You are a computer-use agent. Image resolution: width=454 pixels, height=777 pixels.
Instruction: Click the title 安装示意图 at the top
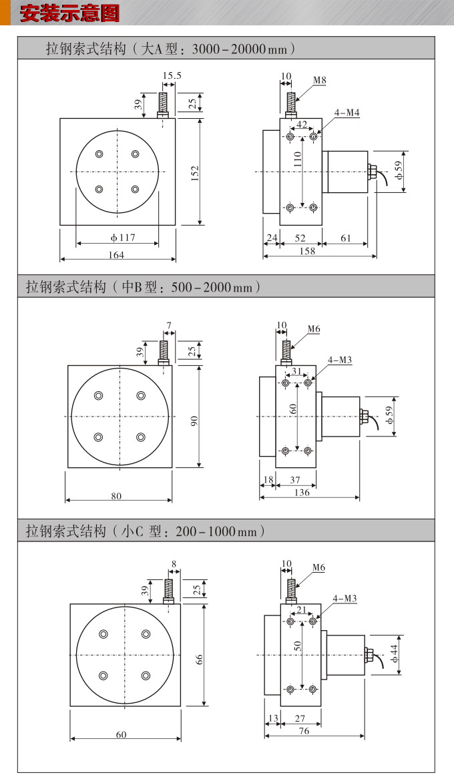point(69,13)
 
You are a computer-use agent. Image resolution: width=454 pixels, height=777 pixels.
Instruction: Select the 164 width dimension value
point(117,254)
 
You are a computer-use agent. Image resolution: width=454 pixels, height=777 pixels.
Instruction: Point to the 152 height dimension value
point(195,173)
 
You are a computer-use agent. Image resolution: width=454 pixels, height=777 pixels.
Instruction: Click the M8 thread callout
point(320,80)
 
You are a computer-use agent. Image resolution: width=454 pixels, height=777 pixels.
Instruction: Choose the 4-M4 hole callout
point(347,113)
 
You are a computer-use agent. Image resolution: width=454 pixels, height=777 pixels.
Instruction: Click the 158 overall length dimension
point(306,251)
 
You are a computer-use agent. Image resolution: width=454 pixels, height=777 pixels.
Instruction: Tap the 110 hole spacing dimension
point(298,159)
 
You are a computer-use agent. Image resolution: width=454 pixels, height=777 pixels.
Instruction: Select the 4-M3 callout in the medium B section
point(339,360)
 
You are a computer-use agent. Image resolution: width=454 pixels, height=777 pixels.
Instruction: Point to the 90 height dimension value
point(194,421)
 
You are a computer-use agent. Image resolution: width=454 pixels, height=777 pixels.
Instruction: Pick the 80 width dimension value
point(116,496)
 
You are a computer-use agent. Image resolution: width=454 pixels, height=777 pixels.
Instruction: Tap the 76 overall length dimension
point(304,731)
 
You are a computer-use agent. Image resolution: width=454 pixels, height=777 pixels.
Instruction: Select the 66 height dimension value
point(199,658)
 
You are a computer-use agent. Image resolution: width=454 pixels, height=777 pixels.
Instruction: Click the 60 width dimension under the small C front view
point(121,734)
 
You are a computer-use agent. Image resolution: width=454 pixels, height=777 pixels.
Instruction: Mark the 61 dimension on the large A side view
point(346,238)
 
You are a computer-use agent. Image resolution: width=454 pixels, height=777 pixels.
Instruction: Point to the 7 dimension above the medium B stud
point(169,326)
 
